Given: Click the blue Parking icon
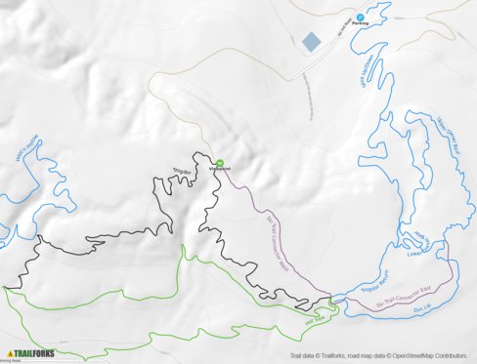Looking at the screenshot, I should click(x=359, y=16).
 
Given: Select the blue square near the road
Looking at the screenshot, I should click(x=311, y=41).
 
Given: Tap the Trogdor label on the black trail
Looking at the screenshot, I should click(x=183, y=172).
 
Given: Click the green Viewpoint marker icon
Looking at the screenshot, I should click(x=219, y=163).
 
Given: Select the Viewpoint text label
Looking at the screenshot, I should click(x=219, y=170).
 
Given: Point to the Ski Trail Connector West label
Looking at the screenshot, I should click(x=279, y=234).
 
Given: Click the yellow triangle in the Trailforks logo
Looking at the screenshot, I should click(x=10, y=352).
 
